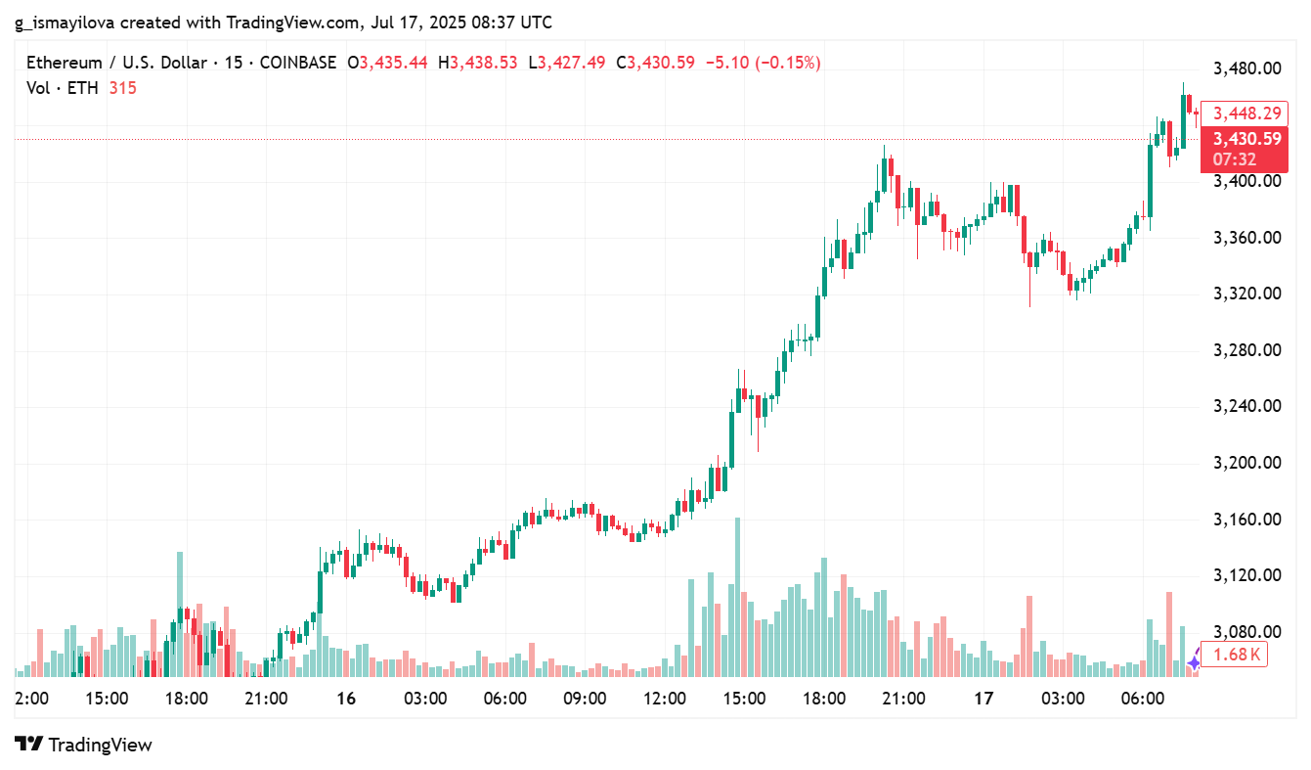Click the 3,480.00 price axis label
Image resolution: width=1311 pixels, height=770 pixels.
click(x=1246, y=68)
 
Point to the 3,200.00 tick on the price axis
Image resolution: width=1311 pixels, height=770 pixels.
click(x=1246, y=463)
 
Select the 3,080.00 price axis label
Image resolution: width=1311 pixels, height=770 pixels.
click(x=1246, y=632)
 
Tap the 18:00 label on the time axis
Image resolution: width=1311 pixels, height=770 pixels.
click(x=187, y=700)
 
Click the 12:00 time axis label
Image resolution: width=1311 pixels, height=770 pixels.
click(x=665, y=700)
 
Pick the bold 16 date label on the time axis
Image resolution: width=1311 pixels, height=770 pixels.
click(x=345, y=700)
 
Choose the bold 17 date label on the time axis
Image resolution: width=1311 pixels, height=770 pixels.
click(x=983, y=700)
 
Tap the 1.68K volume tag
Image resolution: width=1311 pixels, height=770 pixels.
click(x=1234, y=655)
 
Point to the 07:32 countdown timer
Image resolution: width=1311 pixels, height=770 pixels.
click(x=1234, y=159)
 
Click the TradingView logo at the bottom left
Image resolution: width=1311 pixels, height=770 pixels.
click(x=84, y=745)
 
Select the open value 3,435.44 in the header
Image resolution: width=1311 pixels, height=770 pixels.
click(x=394, y=63)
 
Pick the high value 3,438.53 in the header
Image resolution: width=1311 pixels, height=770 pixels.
click(x=484, y=63)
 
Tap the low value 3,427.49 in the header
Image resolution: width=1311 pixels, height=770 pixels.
click(x=572, y=63)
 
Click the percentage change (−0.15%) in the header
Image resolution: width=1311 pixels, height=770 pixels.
click(x=789, y=63)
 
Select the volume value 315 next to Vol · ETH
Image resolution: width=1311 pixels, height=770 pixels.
click(x=123, y=88)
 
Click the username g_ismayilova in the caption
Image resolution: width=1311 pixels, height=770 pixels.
click(x=66, y=22)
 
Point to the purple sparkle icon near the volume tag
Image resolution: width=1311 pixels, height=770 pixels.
click(x=1194, y=663)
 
